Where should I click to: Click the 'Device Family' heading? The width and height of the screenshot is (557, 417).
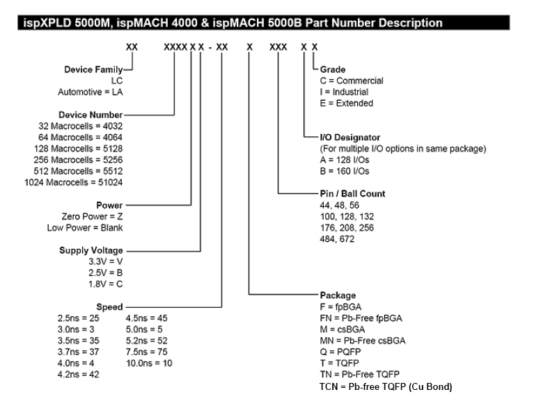[x=93, y=69]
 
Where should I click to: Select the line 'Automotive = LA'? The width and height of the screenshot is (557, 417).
[x=90, y=92]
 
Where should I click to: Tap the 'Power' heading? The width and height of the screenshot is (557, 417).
[x=109, y=205]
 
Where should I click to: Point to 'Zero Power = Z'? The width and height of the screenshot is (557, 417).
[x=94, y=216]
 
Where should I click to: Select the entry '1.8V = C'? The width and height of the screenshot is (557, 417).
[x=106, y=284]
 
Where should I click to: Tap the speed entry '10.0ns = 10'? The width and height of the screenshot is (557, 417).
[x=149, y=363]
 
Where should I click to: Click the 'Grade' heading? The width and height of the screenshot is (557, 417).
[x=332, y=69]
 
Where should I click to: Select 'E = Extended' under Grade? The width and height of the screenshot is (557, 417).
[x=346, y=103]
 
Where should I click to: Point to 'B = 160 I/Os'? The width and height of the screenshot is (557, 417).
[x=345, y=171]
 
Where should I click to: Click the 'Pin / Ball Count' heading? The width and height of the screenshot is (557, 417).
[x=352, y=193]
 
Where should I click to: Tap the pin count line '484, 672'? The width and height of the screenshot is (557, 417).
[x=336, y=238]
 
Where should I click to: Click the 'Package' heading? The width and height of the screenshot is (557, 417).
[x=338, y=295]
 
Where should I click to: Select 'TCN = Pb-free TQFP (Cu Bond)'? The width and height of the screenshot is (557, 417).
[x=386, y=386]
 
